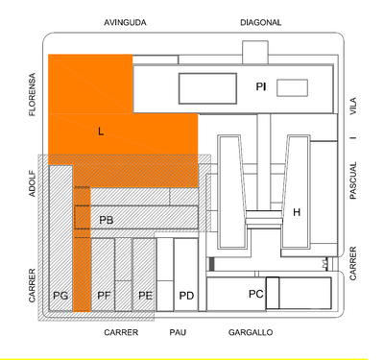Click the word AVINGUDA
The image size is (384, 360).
pos(125,21)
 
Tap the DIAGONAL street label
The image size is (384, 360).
pos(260,21)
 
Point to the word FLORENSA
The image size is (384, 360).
pos(33,94)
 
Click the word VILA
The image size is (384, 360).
pos(353,106)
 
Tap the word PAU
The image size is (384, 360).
pos(177,332)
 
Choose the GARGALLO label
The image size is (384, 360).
pos(251,332)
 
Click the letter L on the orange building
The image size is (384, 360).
pos(101,132)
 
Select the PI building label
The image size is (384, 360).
pos(260,87)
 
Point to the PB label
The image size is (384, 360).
pos(107,220)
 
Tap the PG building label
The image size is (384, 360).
pos(60,295)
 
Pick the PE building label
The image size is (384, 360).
pos(145,295)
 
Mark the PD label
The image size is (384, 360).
pos(186,295)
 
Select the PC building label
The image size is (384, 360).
pos(255,293)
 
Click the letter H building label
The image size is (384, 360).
pos(297,212)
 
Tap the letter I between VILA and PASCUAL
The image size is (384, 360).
pos(353,139)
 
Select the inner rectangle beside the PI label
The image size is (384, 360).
pos(206,89)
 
